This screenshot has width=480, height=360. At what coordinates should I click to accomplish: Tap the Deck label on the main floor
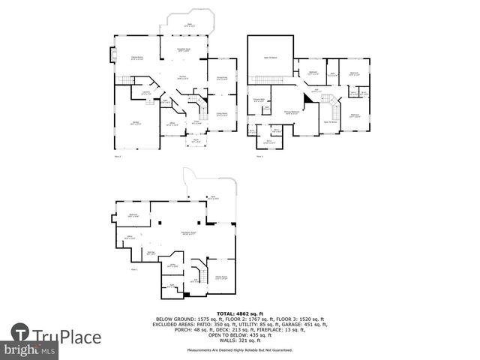189,25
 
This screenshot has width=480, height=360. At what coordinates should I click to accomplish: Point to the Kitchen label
181,76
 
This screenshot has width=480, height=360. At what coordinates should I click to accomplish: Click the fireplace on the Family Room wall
114,55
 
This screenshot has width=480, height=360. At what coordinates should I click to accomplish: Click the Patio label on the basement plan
214,197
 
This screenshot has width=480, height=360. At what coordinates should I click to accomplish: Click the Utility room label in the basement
172,265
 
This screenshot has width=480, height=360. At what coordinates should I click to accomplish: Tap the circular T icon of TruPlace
20,334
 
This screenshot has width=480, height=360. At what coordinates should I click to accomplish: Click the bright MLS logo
29,349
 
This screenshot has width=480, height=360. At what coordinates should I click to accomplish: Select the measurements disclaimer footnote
239,349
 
